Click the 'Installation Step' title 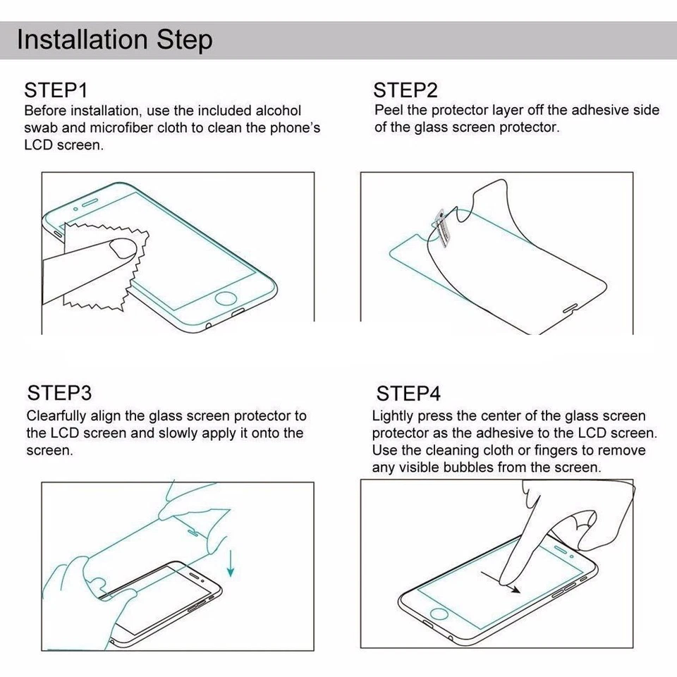coord(114,39)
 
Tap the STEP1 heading coord(56,90)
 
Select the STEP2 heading coord(405,90)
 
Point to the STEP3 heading coord(60,393)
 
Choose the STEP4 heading coord(408,393)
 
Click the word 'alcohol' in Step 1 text coord(278,111)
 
